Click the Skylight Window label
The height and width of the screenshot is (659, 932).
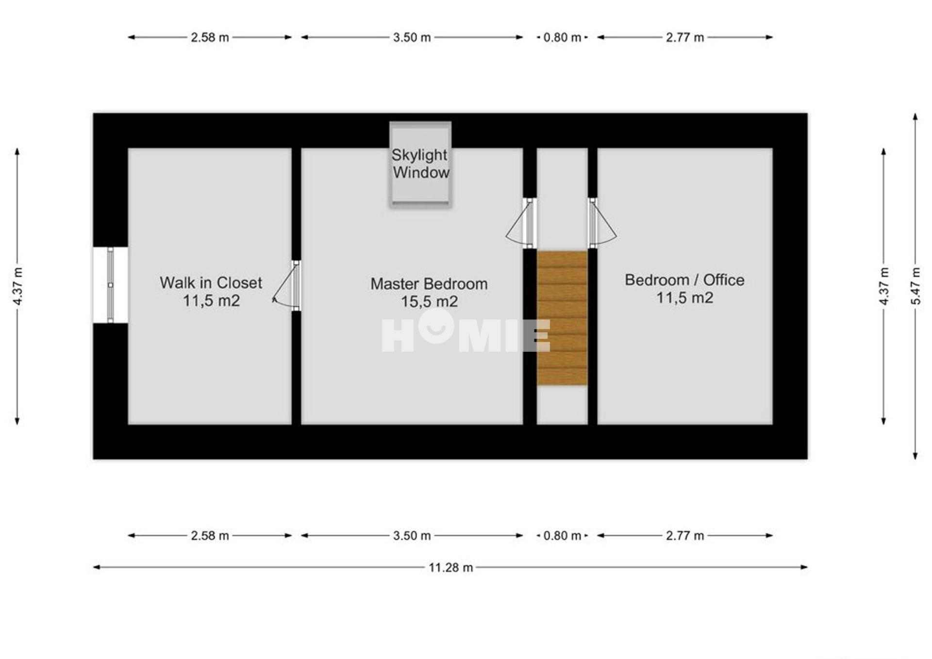pos(421,164)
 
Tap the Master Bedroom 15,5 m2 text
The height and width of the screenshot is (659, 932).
pos(429,293)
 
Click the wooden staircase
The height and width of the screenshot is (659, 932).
pos(562,318)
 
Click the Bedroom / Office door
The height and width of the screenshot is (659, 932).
pos(602,223)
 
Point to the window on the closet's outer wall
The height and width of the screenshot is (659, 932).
pos(111,285)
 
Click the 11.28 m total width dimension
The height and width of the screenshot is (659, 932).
pos(450,567)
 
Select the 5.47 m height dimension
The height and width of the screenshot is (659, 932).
pos(915,286)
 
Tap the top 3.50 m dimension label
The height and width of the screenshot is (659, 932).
pos(412,37)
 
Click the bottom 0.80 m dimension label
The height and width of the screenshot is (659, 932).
pos(562,536)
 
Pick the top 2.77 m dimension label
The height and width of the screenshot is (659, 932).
pos(685,37)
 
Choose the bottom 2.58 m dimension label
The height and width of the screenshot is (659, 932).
pos(210,536)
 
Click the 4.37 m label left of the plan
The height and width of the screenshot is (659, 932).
pos(17,286)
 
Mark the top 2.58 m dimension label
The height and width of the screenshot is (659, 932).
pos(210,37)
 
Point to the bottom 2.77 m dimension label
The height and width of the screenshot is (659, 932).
pos(685,536)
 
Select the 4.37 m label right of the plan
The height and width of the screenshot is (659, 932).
pos(884,286)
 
